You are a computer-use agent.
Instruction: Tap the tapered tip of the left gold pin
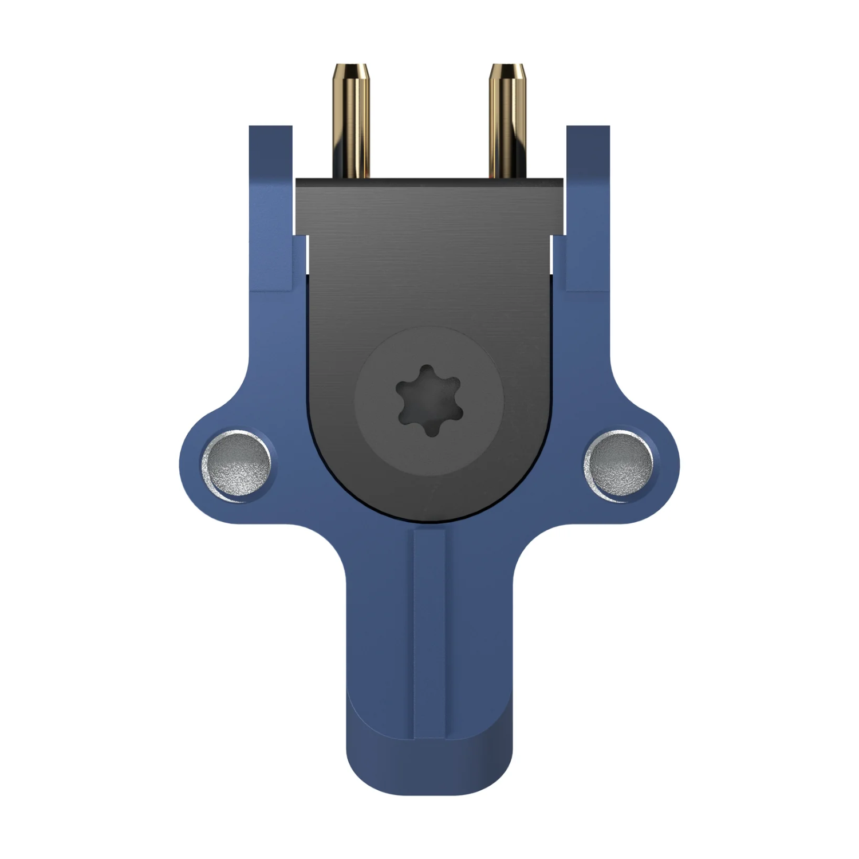click(x=352, y=71)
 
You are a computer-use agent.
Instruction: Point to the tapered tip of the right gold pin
click(x=507, y=71)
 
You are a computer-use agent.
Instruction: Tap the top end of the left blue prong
click(x=270, y=129)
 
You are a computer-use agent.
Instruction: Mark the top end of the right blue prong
click(x=588, y=129)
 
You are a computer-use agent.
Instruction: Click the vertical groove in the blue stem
click(x=429, y=630)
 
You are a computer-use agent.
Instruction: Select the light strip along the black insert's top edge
click(x=429, y=181)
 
